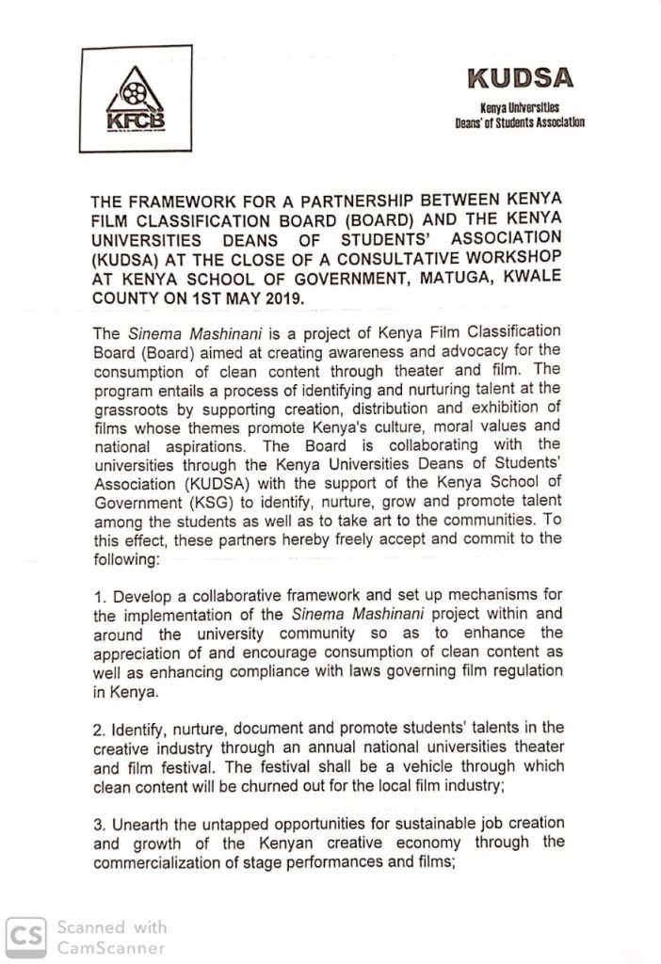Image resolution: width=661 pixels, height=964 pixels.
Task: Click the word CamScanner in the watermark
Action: click(111, 947)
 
